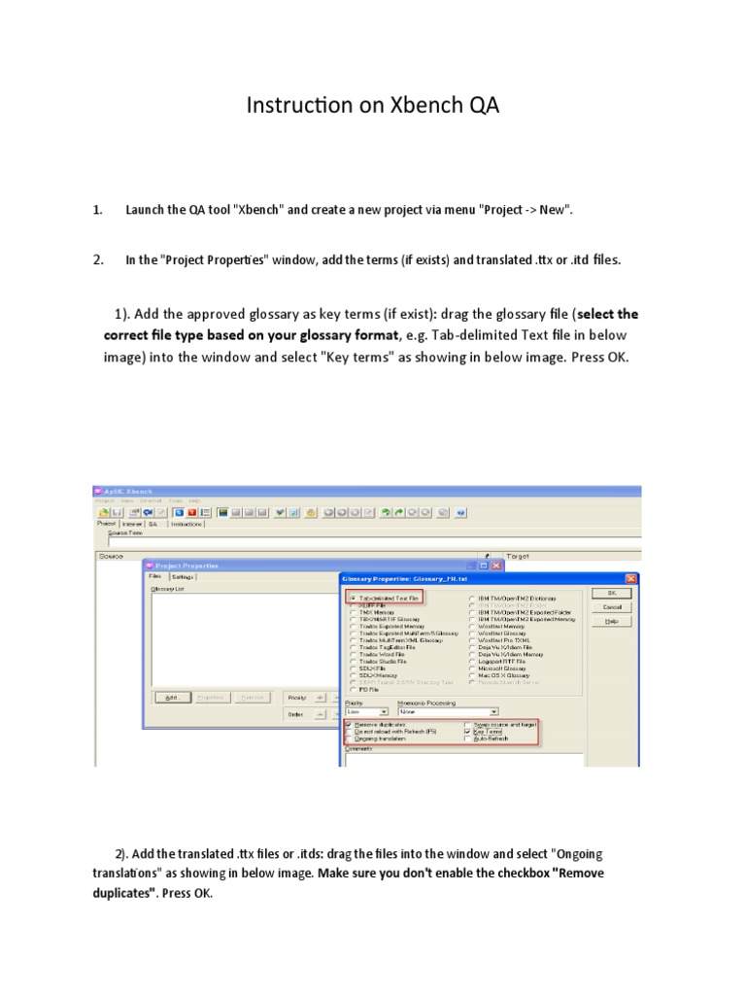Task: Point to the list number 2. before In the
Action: (98, 259)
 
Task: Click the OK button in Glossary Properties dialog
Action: (611, 592)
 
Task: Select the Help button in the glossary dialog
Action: (611, 621)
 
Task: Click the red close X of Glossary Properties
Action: (629, 578)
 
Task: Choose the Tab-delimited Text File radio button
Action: (352, 598)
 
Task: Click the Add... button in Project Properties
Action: (171, 697)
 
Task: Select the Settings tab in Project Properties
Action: (183, 576)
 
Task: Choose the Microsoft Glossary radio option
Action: (472, 668)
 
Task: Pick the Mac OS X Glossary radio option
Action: (472, 674)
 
